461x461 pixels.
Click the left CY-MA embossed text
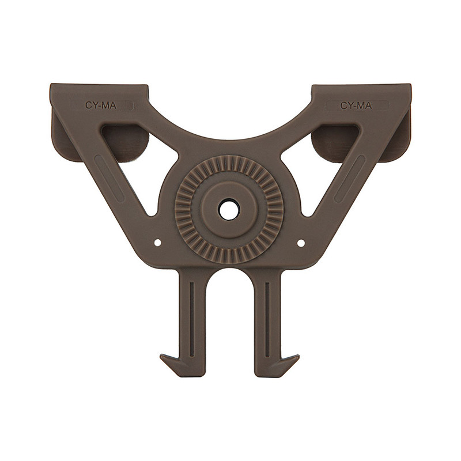101,105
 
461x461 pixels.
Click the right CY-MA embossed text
356,105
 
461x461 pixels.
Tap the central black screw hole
229,209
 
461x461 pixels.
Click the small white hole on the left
158,243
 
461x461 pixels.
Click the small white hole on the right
301,243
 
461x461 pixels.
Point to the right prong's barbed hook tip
299,356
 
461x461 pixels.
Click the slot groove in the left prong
192,320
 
